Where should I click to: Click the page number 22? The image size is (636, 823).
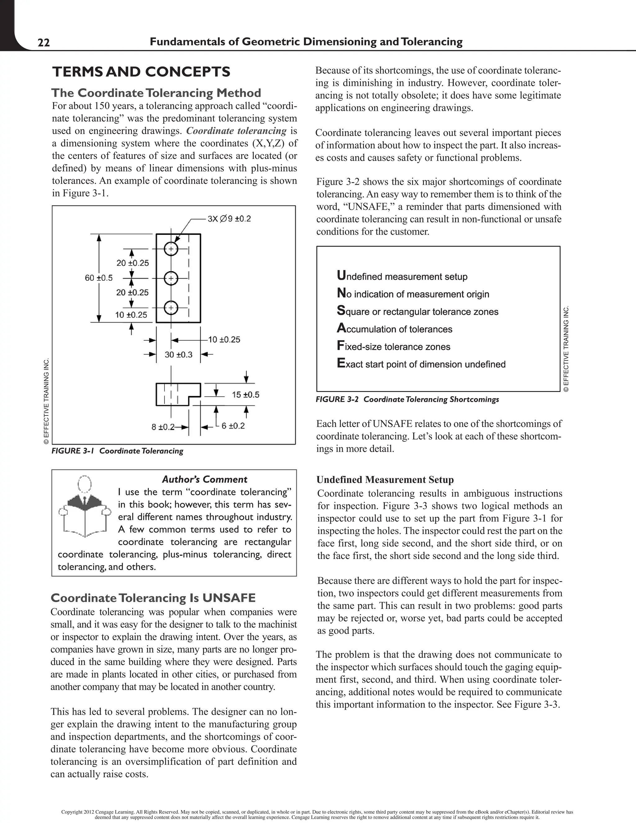coord(44,43)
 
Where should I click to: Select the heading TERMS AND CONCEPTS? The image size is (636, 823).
coord(141,72)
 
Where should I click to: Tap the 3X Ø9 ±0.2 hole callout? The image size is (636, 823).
coord(229,219)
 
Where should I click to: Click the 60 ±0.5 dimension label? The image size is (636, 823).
coord(99,278)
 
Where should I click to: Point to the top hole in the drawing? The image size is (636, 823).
coord(171,249)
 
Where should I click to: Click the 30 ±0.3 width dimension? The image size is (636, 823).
coord(179,355)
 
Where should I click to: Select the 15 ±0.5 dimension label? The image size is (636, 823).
coord(246,394)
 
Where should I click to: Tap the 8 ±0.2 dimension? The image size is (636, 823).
coord(163,427)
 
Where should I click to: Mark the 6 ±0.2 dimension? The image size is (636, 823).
coord(233,426)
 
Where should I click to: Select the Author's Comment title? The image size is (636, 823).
coord(204,479)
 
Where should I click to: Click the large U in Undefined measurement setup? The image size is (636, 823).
coord(341,275)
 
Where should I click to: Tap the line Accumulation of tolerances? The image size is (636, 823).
coord(394,329)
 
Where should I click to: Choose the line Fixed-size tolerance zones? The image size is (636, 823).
coord(393,347)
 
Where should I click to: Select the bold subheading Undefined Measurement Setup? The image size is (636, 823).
coord(385,480)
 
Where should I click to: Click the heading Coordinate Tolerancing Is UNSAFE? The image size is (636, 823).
coord(153,598)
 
